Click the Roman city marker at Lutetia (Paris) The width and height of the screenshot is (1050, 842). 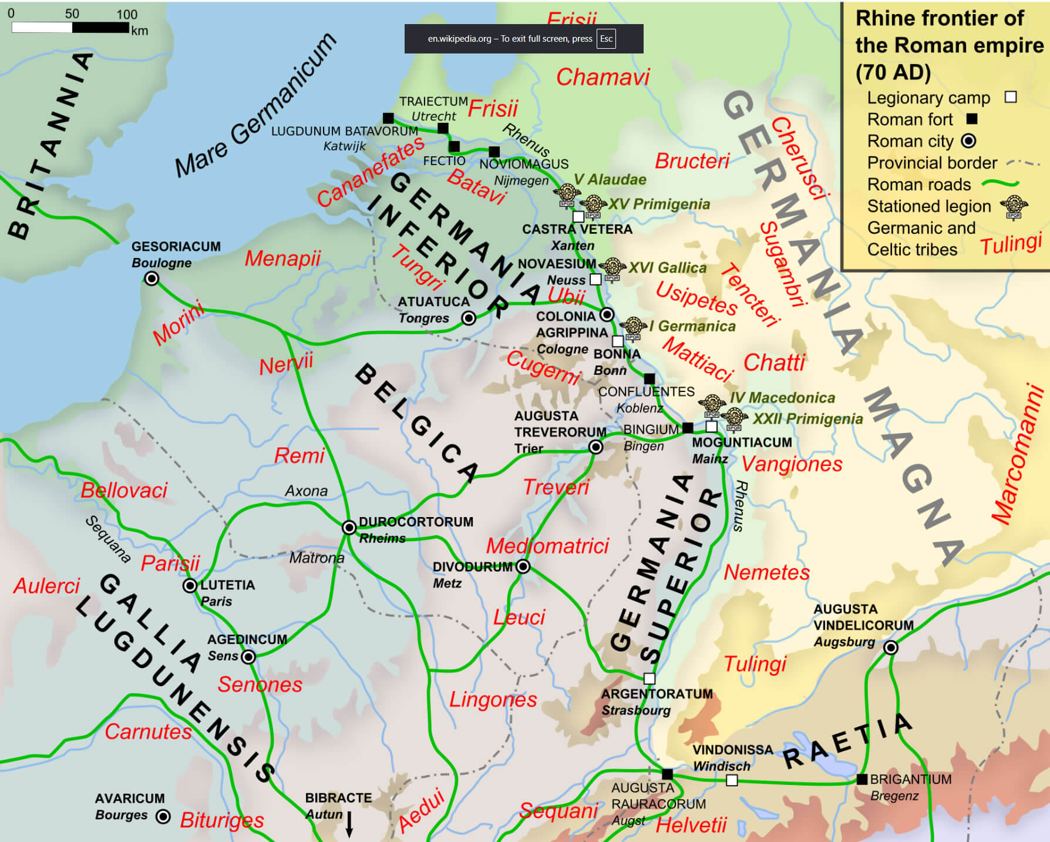tap(190, 585)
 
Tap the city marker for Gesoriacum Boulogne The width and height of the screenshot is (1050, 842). tap(152, 279)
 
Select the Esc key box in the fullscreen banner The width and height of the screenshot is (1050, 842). tap(606, 39)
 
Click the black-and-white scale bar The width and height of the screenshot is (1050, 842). tap(70, 28)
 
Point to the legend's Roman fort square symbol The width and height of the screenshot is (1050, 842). tap(972, 119)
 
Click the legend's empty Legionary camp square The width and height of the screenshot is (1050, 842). tap(1010, 97)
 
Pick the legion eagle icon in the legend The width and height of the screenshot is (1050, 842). tap(1014, 206)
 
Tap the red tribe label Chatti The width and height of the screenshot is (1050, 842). tap(774, 363)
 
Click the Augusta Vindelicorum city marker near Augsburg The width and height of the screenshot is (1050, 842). tap(890, 648)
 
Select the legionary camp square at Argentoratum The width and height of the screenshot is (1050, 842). tap(649, 679)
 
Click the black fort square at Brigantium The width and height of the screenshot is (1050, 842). tap(861, 779)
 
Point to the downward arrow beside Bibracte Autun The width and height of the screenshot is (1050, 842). tap(349, 824)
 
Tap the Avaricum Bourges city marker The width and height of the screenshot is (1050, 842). tap(163, 816)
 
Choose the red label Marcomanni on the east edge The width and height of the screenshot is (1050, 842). tap(1017, 454)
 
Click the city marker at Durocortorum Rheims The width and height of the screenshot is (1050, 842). tap(349, 527)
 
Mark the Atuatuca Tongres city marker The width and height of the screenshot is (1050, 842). tap(468, 318)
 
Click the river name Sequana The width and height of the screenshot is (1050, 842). tap(108, 539)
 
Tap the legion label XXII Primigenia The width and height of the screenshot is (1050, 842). tap(807, 418)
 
